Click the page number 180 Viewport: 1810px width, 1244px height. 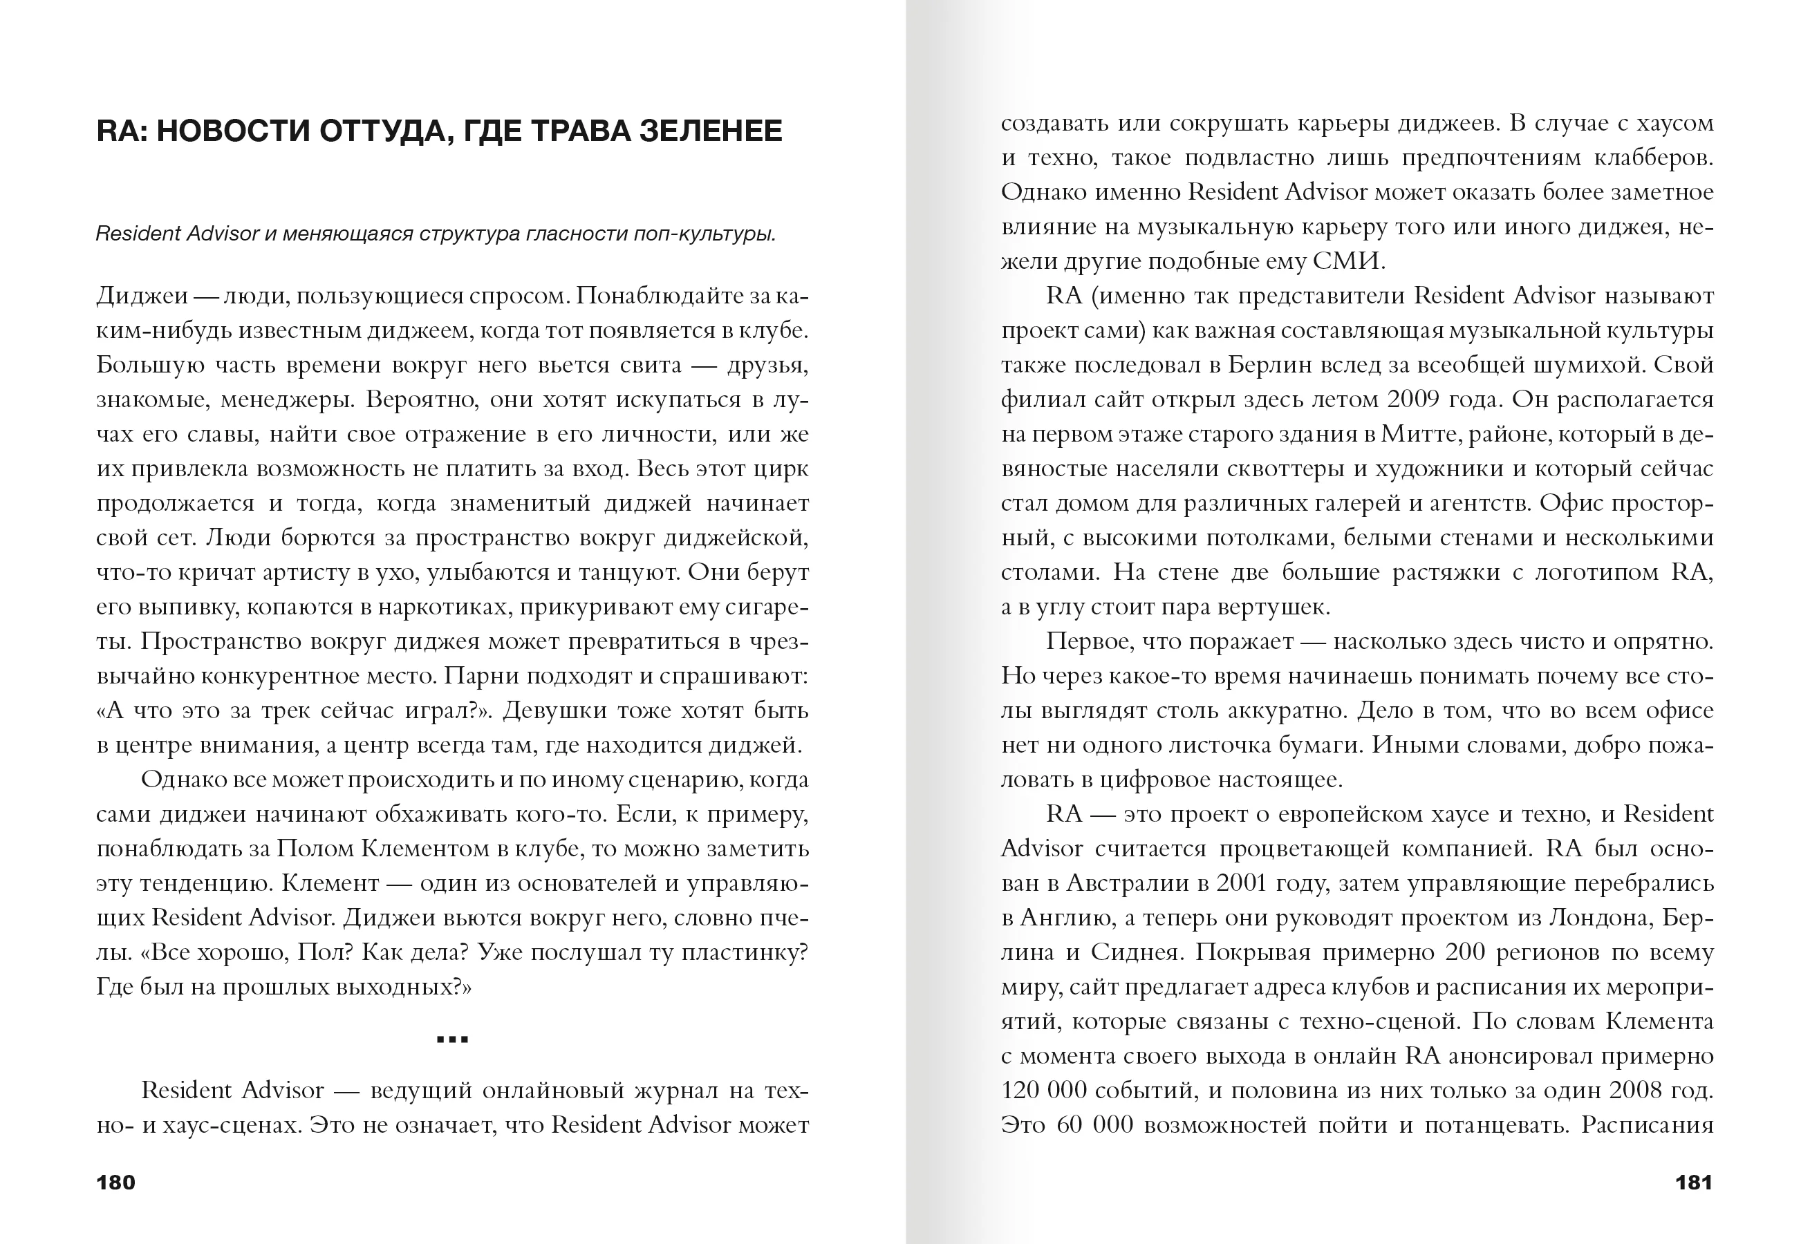pos(115,1182)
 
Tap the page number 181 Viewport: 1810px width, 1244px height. pos(1693,1182)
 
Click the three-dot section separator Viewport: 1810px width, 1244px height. pos(452,1039)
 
